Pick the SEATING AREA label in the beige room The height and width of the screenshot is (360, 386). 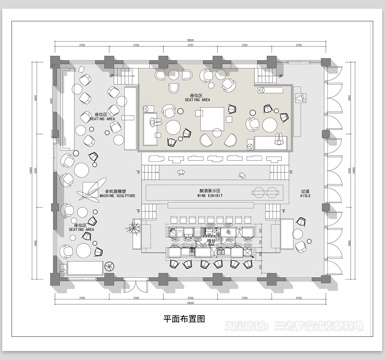click(195, 99)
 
